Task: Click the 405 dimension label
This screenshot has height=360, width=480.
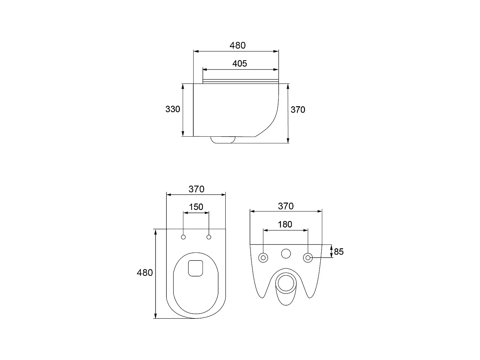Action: point(239,64)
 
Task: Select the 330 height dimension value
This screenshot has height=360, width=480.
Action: point(172,109)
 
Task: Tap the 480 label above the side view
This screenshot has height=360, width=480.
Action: point(237,45)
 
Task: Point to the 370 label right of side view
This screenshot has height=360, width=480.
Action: point(298,110)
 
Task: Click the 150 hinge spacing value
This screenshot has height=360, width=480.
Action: point(196,207)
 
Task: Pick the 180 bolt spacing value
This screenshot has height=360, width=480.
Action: point(285,224)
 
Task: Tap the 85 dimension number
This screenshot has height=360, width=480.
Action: point(339,252)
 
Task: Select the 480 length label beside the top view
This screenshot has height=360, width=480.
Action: point(145,273)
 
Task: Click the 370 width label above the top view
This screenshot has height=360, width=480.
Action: point(196,189)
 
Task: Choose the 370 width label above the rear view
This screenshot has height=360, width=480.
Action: point(285,206)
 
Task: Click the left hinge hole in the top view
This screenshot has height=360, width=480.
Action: point(183,237)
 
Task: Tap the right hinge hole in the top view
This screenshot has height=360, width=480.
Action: point(209,237)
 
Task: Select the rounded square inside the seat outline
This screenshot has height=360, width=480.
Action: point(196,268)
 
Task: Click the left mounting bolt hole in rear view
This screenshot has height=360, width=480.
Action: point(263,258)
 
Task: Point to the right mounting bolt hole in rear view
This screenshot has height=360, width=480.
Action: point(308,258)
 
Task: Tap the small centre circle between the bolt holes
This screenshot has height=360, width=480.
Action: point(286,253)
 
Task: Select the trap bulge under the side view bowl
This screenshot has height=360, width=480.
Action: point(223,140)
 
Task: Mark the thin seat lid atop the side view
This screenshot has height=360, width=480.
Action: point(241,81)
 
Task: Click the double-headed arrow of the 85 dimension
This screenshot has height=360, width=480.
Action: point(331,251)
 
